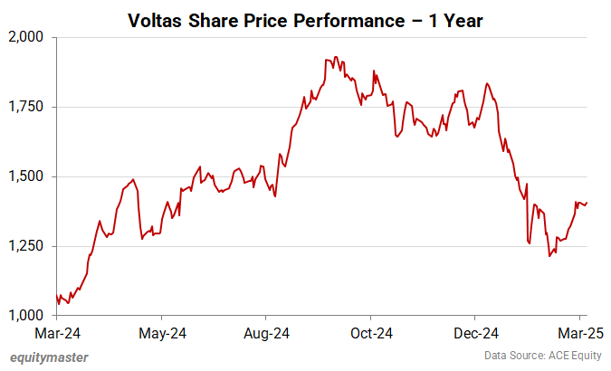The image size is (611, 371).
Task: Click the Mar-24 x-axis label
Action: coord(57,332)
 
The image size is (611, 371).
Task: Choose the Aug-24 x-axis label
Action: coord(266,332)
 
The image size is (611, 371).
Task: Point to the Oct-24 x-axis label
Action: coord(371,332)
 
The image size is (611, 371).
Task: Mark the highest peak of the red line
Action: coord(335,57)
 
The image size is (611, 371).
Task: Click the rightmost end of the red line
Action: coord(587,203)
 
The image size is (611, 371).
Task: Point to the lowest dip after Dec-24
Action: coord(549,256)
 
